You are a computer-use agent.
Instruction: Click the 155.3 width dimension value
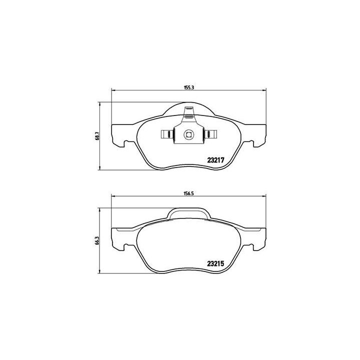(x=188, y=87)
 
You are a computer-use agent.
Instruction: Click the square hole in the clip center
(x=188, y=133)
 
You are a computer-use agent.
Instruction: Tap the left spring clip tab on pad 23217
(x=165, y=134)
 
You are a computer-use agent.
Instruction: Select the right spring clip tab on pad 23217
(x=211, y=134)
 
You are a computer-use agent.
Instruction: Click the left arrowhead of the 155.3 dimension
(x=112, y=90)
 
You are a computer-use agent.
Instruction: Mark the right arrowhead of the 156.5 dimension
(x=265, y=195)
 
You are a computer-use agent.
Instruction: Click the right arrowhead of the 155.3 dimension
(x=264, y=90)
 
